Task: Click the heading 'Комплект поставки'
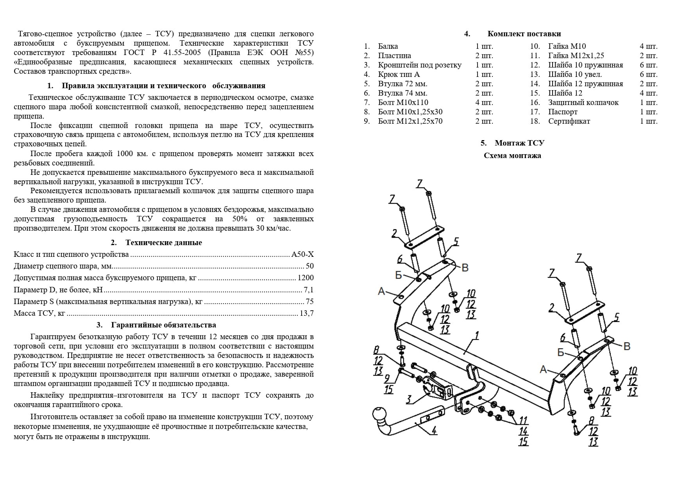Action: coord(524,34)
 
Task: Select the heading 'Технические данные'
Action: coord(163,242)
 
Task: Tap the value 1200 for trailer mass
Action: coord(306,278)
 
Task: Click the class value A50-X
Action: coord(302,254)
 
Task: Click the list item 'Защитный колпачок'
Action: coord(583,102)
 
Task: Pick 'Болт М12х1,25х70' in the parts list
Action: coord(410,121)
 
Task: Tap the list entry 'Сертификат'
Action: coord(569,121)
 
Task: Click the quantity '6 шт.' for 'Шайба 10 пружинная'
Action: coord(648,65)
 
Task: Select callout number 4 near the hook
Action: coord(434,431)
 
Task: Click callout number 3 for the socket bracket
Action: coord(409,399)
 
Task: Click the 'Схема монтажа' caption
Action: coord(512,156)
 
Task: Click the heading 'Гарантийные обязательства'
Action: coord(163,325)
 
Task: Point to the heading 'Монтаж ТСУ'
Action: coord(519,143)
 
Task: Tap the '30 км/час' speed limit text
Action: coord(273,228)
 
